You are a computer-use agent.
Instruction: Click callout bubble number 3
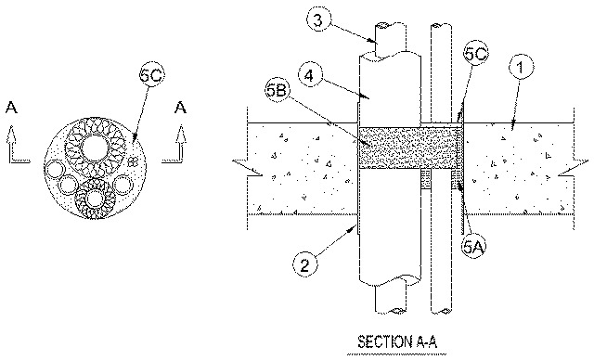tap(317, 19)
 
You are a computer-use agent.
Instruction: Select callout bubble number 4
tap(310, 76)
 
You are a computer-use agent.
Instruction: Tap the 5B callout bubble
tap(278, 92)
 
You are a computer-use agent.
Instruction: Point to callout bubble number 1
tap(521, 68)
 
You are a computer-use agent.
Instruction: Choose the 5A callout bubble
tap(473, 247)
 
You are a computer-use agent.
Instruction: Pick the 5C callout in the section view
tap(476, 54)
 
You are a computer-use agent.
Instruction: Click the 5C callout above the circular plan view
tap(151, 75)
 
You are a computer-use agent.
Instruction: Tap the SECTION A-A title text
tap(397, 341)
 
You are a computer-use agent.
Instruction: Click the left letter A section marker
tap(11, 108)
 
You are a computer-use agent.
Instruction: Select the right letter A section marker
tap(181, 108)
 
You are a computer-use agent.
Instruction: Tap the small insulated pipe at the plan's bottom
tap(95, 199)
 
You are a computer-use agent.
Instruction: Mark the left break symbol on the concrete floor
tap(247, 167)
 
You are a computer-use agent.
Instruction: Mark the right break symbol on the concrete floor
tap(574, 167)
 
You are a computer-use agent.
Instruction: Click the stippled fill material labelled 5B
tap(407, 148)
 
